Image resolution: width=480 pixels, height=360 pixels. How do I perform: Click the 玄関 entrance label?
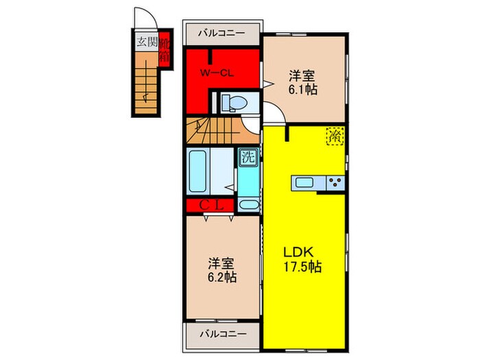pyautogui.click(x=147, y=42)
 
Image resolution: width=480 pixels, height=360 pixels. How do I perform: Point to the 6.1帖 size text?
pyautogui.click(x=302, y=90)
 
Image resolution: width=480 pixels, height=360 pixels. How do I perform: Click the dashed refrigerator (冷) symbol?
pyautogui.click(x=335, y=136)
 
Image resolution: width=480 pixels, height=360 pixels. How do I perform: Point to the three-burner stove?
pyautogui.click(x=335, y=182)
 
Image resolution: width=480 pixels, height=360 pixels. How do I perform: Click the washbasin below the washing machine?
pyautogui.click(x=248, y=204)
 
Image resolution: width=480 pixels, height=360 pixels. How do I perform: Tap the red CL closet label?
pyautogui.click(x=211, y=204)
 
